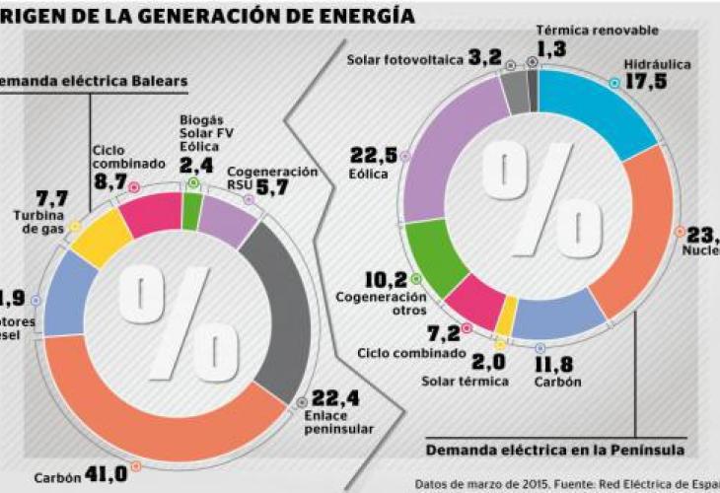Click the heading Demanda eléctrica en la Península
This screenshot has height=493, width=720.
pyautogui.click(x=555, y=451)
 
